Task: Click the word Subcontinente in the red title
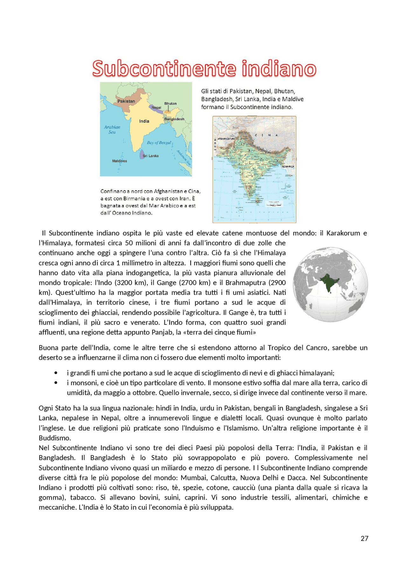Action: point(164,69)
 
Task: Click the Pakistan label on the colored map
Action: point(126,101)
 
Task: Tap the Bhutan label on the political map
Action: point(170,103)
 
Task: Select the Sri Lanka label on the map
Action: point(151,156)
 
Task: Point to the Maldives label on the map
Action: point(120,161)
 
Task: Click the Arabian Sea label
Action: point(112,129)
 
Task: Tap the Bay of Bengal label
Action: point(159,143)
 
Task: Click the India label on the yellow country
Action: point(144,121)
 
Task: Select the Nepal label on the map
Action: point(156,108)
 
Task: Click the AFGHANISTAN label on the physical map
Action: point(226,139)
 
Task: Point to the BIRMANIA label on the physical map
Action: point(288,167)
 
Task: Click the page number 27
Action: point(364,538)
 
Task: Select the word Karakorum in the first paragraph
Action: point(343,233)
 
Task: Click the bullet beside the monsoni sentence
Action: point(56,383)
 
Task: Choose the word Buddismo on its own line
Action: point(55,438)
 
